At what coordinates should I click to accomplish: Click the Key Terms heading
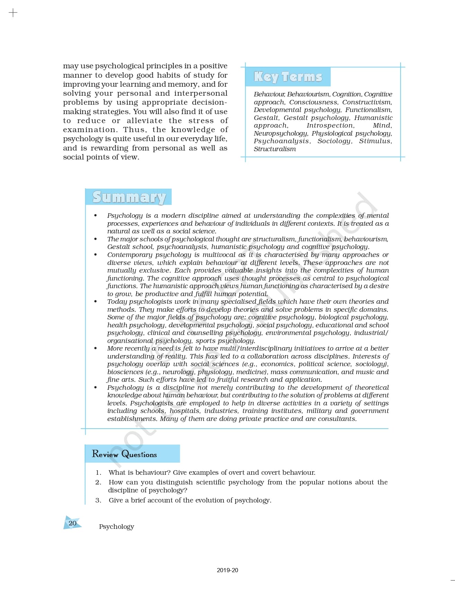click(288, 77)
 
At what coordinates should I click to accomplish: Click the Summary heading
click(129, 197)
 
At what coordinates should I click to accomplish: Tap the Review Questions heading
click(124, 454)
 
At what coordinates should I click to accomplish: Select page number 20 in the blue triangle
click(72, 523)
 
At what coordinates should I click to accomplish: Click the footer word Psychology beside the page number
click(116, 526)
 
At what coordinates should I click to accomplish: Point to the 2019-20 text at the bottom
click(227, 570)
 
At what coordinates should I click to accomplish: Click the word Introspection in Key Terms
click(330, 126)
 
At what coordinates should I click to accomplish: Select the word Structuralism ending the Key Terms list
click(275, 149)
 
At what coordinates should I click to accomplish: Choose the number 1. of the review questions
click(98, 472)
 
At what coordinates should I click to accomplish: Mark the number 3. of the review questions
click(98, 500)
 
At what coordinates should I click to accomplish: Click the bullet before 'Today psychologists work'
click(96, 302)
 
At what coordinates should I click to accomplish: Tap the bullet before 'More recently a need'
click(96, 349)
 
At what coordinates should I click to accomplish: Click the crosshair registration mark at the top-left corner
click(13, 13)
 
